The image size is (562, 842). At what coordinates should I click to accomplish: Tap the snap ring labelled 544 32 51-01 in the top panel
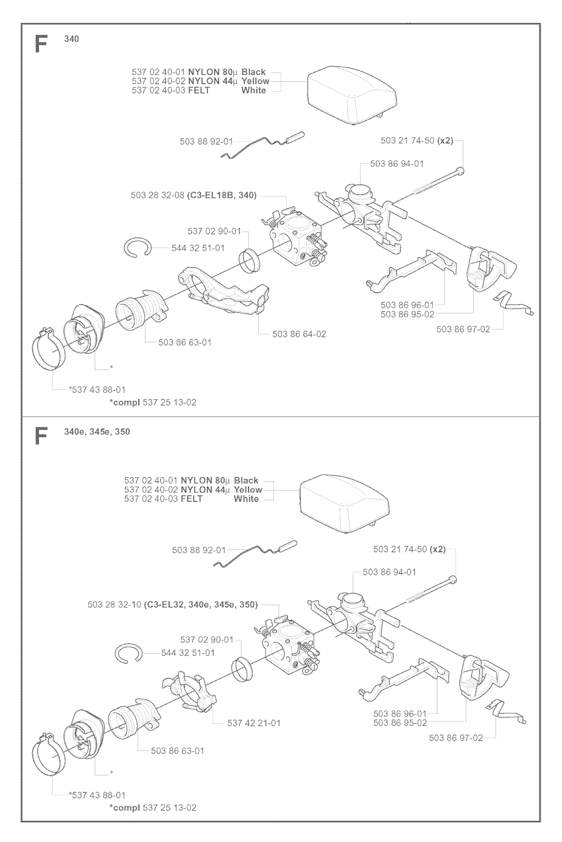pos(138,248)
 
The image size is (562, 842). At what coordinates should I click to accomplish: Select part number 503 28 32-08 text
pos(158,195)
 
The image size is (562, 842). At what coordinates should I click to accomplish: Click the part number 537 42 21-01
pos(254,723)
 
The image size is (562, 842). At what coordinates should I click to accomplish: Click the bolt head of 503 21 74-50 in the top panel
pos(460,171)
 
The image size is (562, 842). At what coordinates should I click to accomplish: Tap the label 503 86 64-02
pos(299,334)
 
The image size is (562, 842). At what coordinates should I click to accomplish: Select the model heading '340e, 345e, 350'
pos(97,431)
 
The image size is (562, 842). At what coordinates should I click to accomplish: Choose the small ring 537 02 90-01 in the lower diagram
pos(241,670)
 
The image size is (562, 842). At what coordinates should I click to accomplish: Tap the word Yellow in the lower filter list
pos(248,490)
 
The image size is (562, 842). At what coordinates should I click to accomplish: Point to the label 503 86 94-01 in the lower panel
pos(390,572)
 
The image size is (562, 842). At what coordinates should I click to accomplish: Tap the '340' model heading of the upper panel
pos(71,39)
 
